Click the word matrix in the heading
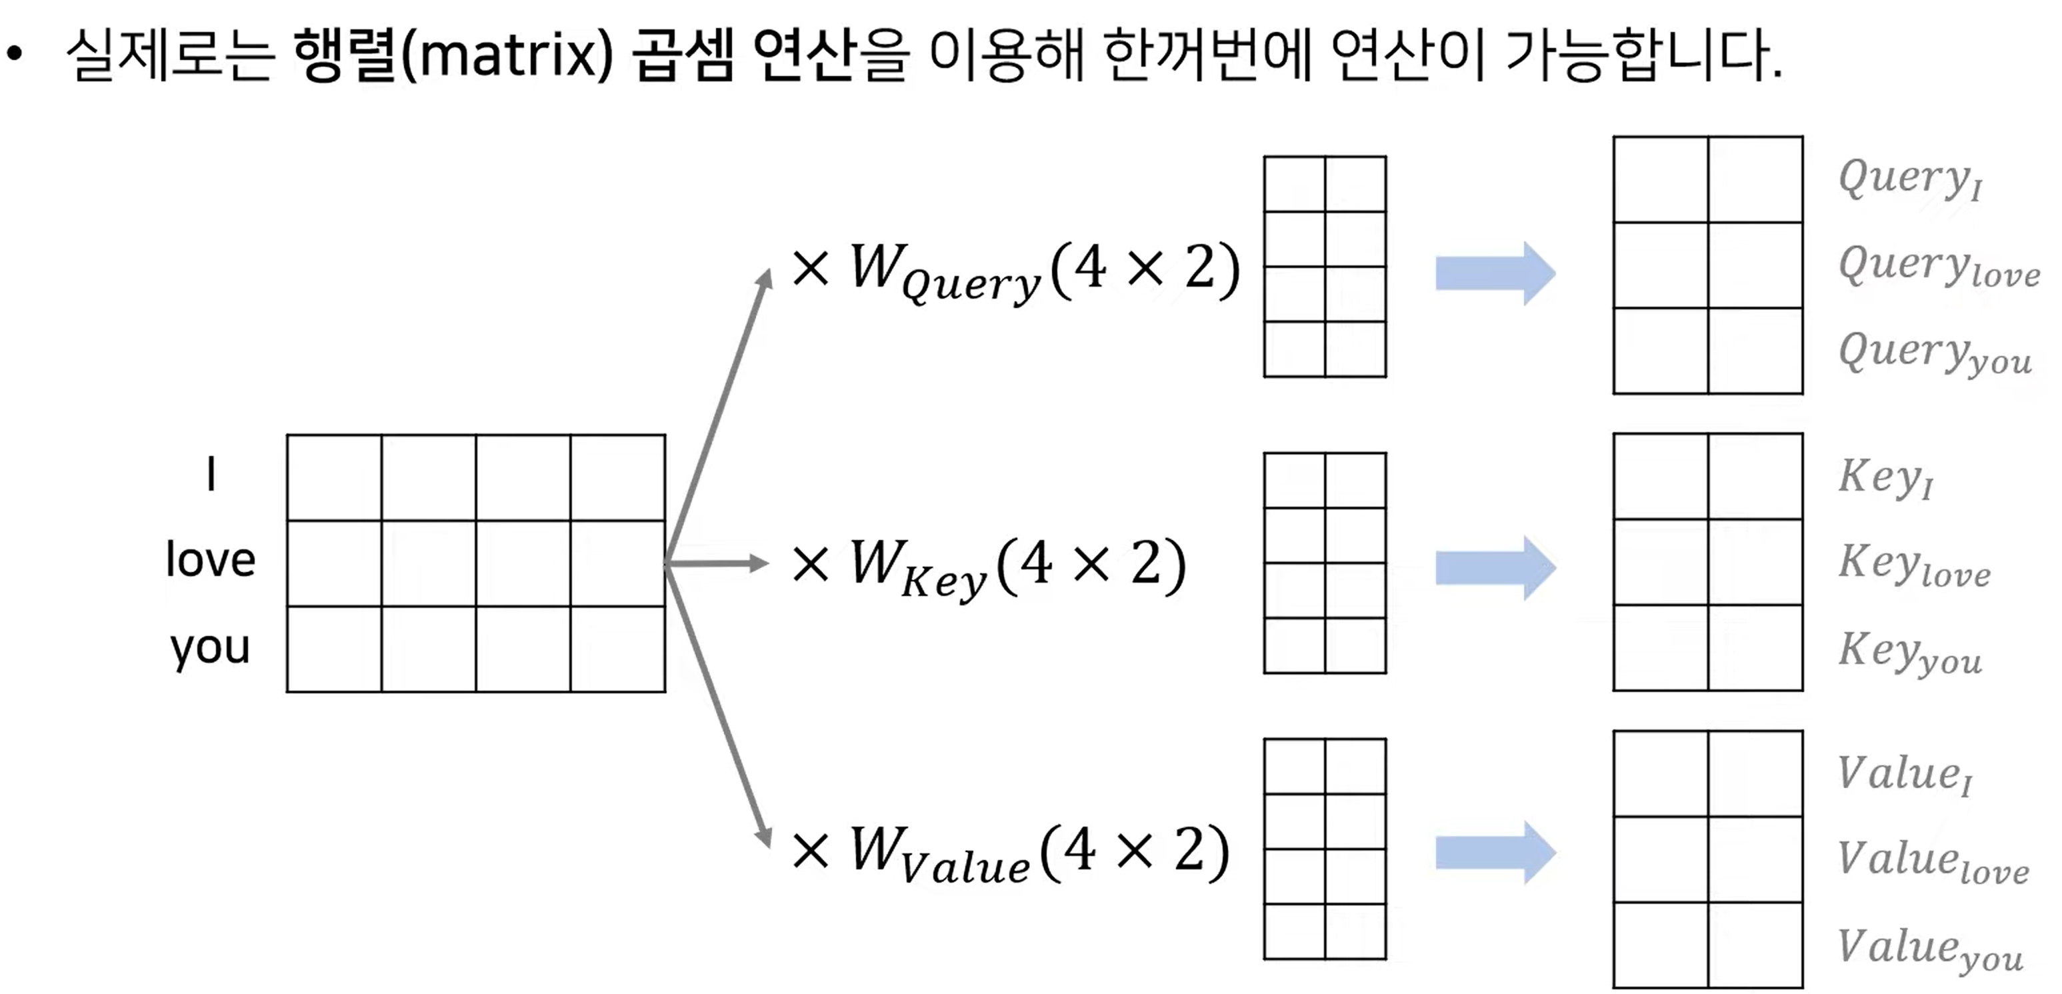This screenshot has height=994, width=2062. (506, 56)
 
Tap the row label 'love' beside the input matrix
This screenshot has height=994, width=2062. (211, 559)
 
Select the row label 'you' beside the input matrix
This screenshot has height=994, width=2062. (210, 647)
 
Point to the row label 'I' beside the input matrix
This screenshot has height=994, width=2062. (211, 474)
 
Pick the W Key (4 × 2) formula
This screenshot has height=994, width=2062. (989, 567)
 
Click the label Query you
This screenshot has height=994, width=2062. (1934, 354)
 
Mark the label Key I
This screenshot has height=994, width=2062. (1885, 478)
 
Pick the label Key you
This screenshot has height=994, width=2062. (1909, 652)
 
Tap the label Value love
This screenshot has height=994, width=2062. (1932, 862)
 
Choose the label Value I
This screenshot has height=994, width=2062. (1903, 775)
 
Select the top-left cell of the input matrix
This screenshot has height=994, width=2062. (334, 478)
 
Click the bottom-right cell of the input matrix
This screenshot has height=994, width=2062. (617, 649)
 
